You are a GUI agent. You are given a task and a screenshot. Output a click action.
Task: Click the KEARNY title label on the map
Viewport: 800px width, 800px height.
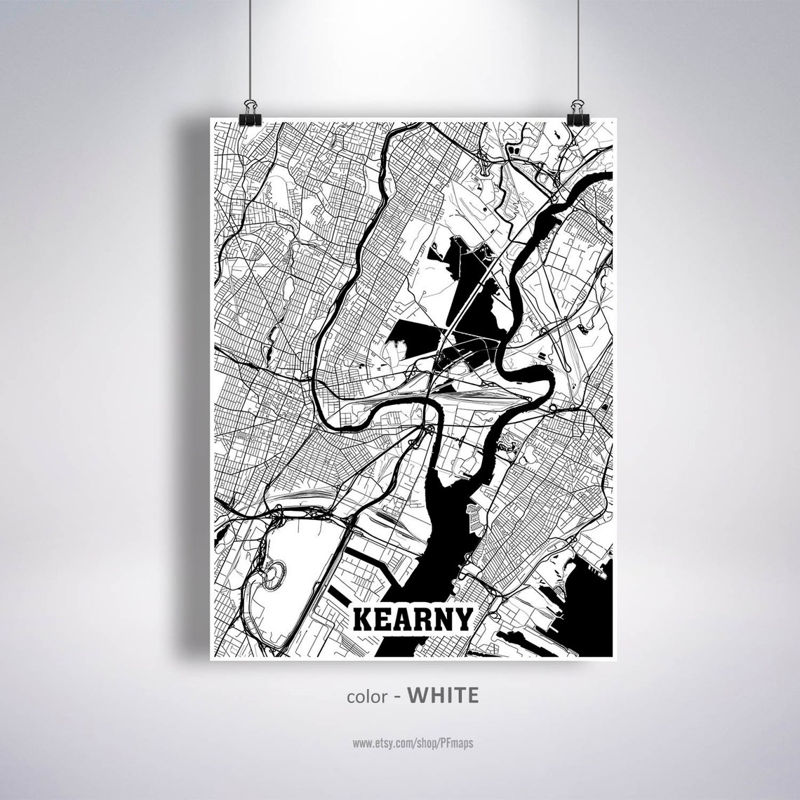412,620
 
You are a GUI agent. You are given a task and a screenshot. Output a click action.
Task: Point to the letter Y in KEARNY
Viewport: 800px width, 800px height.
461,620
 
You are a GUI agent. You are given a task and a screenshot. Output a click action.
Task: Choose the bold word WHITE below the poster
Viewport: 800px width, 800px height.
444,695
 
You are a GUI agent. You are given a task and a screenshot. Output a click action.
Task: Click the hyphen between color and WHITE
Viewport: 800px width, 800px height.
397,696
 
